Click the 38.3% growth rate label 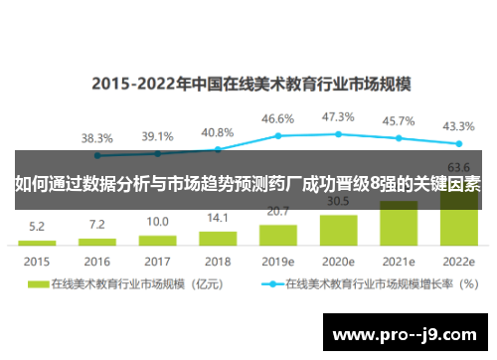coord(96,137)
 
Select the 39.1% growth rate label coord(157,136)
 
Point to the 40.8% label coord(218,131)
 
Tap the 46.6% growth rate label coord(278,118)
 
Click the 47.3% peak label coord(339,116)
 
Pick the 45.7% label coord(399,120)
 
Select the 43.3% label coord(459,126)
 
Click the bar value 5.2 coord(37,227)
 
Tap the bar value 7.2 coord(96,225)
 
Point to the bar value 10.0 coord(157,222)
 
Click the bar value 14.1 coord(218,218)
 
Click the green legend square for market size coord(39,283)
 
